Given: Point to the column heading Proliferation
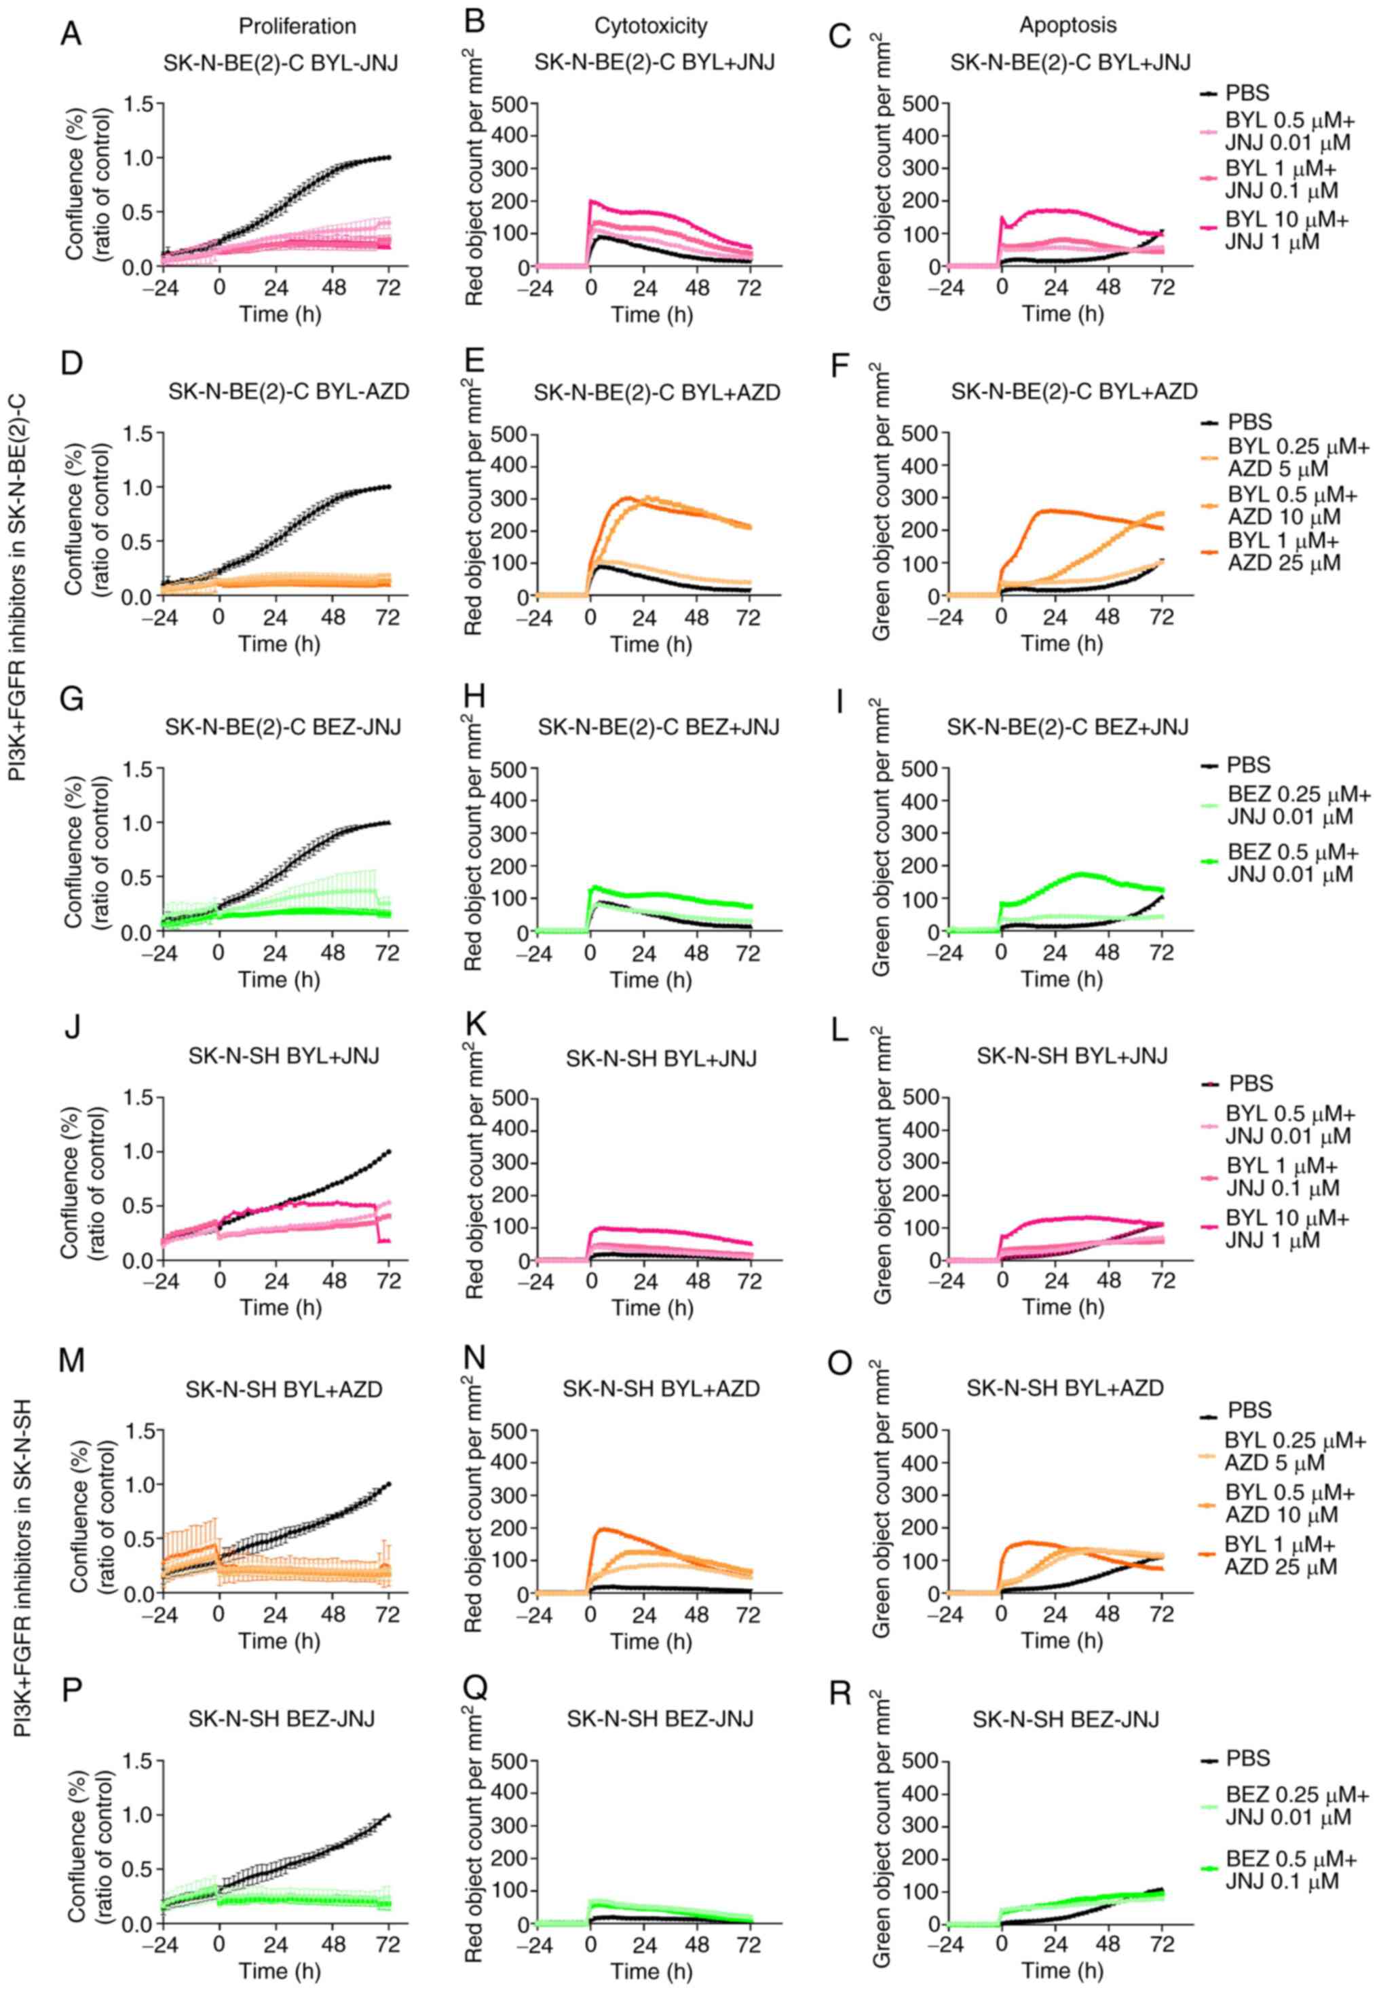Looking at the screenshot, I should [297, 26].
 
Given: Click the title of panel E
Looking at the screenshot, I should [657, 393].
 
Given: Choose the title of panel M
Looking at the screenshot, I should [284, 1389].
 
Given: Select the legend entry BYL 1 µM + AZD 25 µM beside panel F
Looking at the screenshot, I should [1283, 551].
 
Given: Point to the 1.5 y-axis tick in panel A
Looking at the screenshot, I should [143, 105].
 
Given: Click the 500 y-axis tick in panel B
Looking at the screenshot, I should [510, 105].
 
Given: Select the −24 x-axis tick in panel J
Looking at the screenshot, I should [160, 1280].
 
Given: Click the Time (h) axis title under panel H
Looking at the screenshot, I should [651, 979].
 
